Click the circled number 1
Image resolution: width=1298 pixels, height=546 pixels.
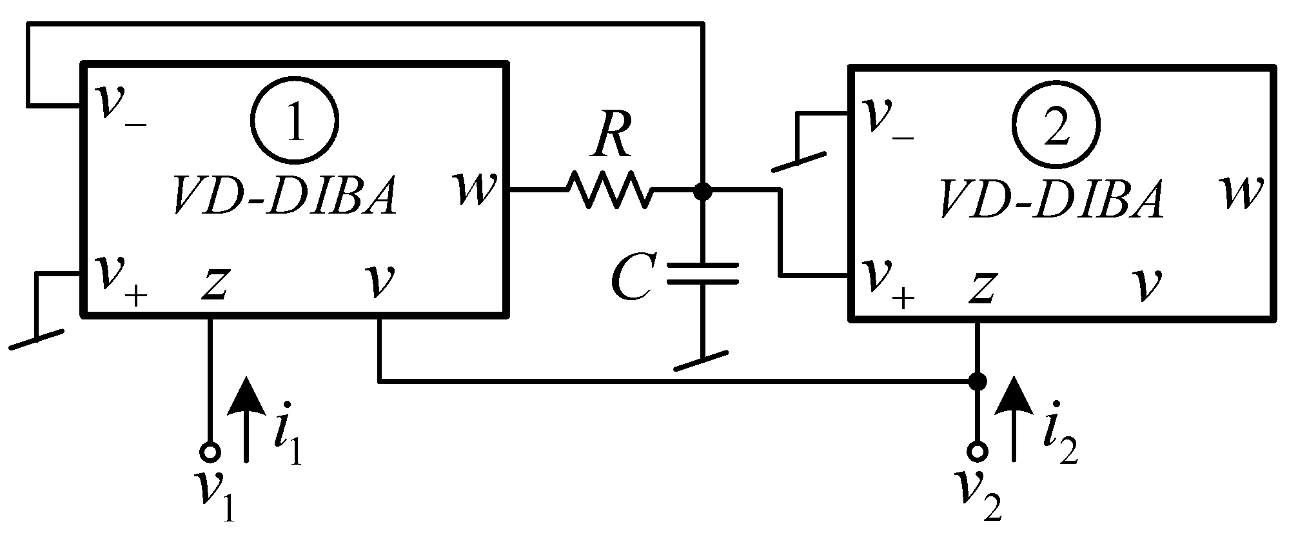295,122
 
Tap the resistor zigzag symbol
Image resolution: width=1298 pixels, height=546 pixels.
609,190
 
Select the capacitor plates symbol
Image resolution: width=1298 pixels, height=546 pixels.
702,273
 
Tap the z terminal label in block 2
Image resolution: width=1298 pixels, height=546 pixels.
981,288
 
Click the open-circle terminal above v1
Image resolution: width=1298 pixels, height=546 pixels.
210,452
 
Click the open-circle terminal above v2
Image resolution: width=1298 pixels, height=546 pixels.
978,452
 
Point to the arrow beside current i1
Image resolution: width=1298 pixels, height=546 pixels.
246,420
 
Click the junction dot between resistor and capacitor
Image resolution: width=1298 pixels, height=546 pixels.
702,191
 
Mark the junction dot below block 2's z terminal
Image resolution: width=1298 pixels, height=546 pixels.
978,381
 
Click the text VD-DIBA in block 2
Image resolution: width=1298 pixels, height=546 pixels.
1051,201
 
